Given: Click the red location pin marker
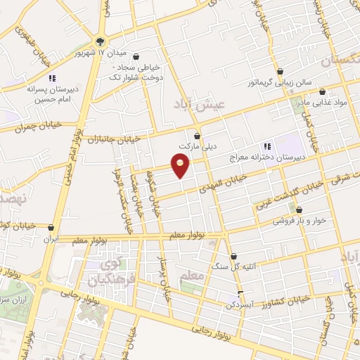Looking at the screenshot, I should point(181,167).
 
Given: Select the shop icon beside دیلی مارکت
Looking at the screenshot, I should point(197,134).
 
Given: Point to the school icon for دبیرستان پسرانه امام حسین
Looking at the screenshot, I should point(51,78).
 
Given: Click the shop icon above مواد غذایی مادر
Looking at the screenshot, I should point(322,91).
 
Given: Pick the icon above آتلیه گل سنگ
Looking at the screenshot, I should point(234,257).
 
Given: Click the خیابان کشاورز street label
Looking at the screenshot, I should point(282,301).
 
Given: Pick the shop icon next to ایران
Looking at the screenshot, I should point(51,227).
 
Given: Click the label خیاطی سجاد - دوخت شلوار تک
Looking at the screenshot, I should point(136,72).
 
